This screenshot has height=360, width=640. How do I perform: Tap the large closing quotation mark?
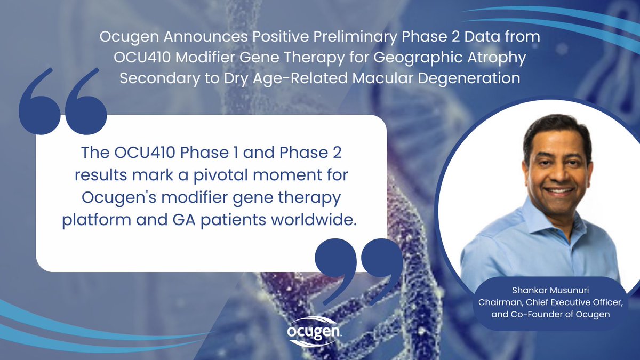[x=358, y=265]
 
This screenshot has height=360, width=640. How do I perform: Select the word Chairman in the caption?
[x=498, y=303]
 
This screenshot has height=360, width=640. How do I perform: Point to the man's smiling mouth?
[x=557, y=190]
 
